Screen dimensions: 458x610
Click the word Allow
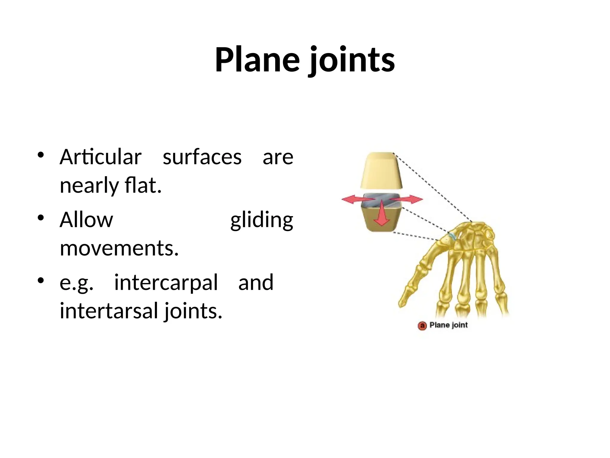click(x=86, y=220)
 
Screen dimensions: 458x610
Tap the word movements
click(x=119, y=248)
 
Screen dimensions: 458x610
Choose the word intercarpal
click(x=166, y=282)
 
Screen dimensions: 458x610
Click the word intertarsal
click(x=109, y=311)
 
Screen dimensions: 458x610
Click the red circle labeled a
click(x=422, y=326)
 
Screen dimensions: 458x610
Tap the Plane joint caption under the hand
click(x=449, y=325)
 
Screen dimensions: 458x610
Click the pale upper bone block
click(x=381, y=170)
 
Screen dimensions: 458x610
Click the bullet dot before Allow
click(x=41, y=217)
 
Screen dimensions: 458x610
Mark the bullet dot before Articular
click(x=41, y=155)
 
